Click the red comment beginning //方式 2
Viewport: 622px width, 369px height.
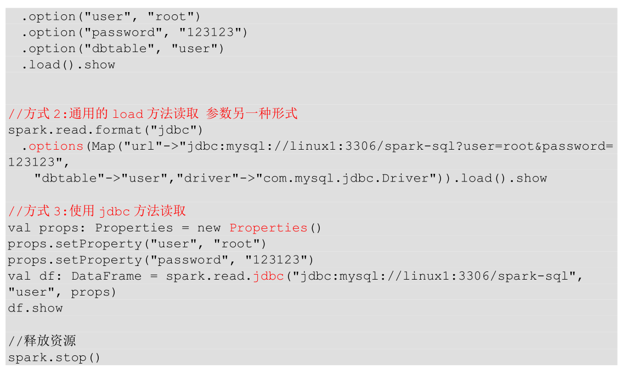(153, 113)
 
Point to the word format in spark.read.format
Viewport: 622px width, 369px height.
(119, 130)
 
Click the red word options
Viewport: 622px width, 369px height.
(56, 146)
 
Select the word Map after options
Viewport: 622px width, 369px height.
(104, 146)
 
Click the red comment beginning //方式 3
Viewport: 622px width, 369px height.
(97, 211)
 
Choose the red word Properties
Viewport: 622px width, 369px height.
(268, 228)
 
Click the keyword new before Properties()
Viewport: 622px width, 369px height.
(208, 228)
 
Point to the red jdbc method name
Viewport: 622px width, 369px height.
(268, 276)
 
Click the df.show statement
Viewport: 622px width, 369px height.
(35, 308)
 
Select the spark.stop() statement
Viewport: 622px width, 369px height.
(54, 357)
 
